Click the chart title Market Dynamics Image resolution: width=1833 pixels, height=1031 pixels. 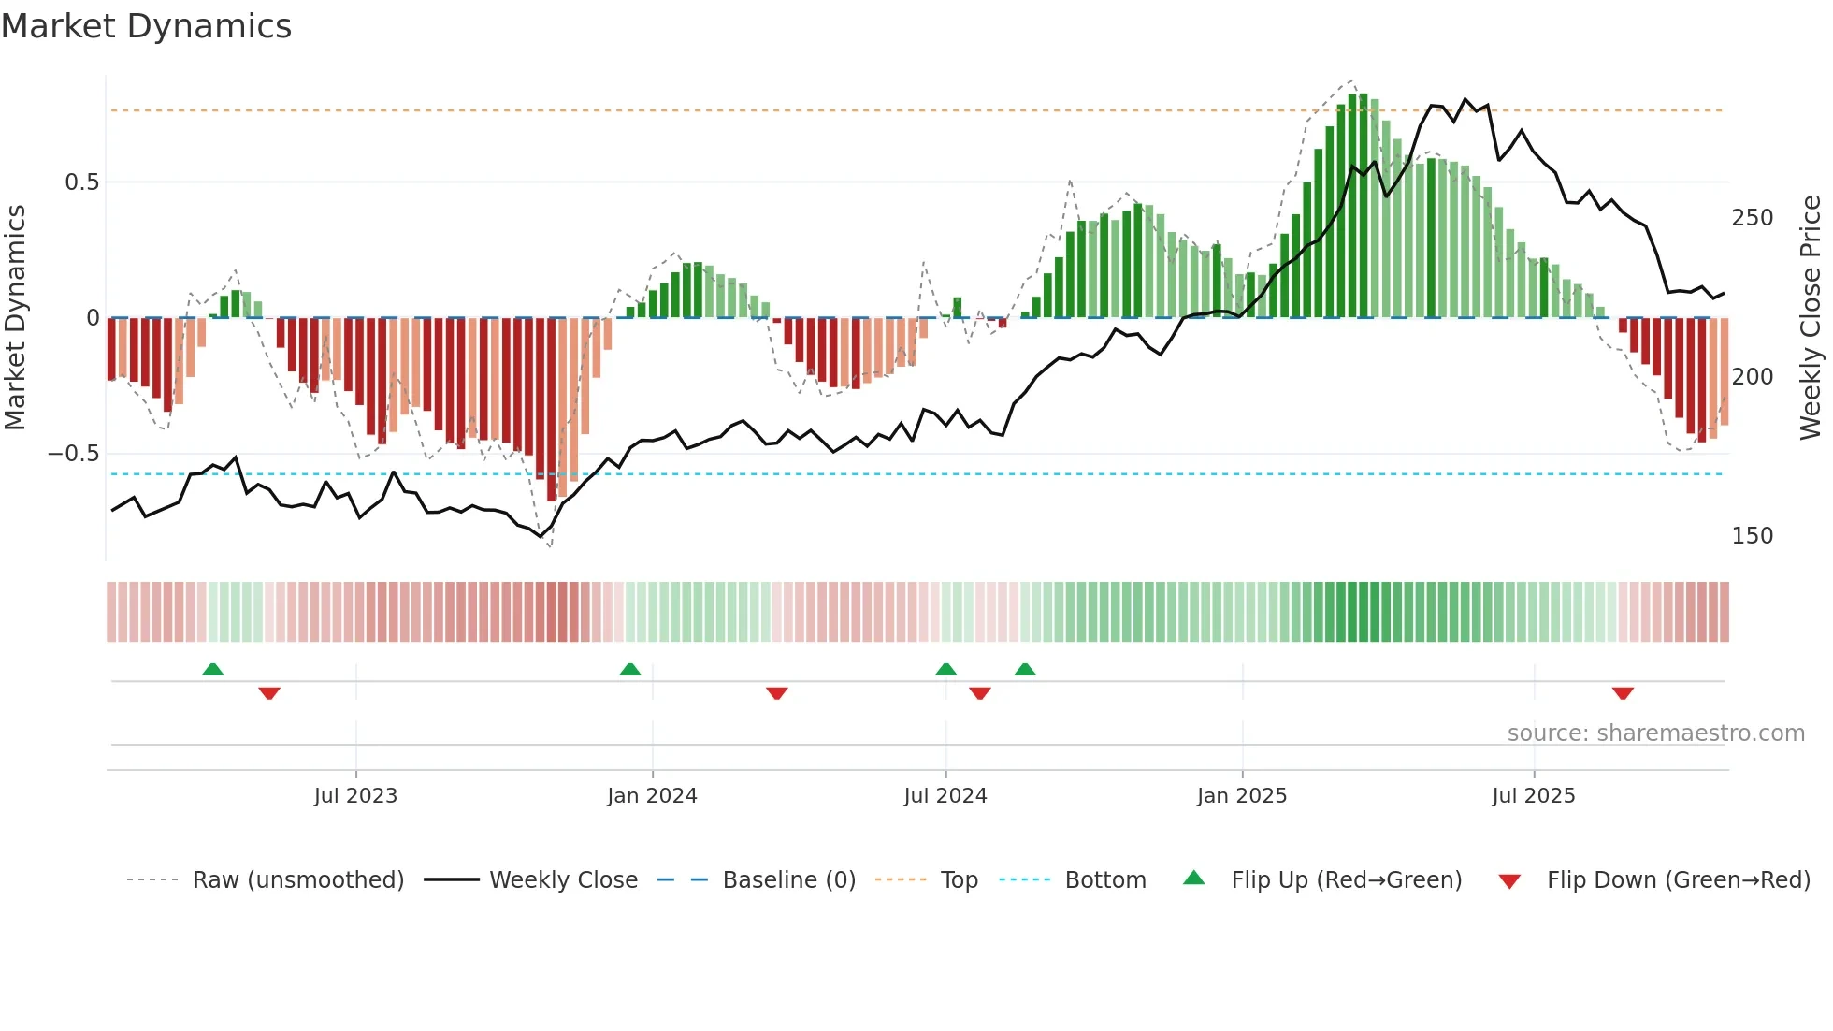click(147, 26)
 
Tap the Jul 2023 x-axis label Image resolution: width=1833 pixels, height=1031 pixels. click(355, 796)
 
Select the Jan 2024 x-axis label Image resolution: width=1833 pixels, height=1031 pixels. click(652, 796)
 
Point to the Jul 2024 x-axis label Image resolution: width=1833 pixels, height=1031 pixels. click(945, 796)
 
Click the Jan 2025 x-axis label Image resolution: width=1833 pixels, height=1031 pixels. click(1241, 796)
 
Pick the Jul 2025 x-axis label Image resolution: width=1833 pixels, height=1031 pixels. click(1533, 796)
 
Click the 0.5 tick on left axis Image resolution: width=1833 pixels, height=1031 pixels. click(81, 182)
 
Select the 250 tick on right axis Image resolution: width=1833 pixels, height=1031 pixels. click(1752, 218)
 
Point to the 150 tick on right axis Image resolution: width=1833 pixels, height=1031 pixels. click(1752, 536)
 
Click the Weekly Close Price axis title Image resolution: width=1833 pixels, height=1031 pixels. click(1811, 318)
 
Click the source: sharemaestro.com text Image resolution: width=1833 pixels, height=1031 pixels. click(1655, 733)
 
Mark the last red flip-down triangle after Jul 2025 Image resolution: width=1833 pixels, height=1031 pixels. click(1623, 693)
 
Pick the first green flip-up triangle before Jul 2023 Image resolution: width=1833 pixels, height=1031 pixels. click(213, 669)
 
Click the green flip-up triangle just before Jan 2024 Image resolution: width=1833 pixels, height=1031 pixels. click(630, 669)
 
